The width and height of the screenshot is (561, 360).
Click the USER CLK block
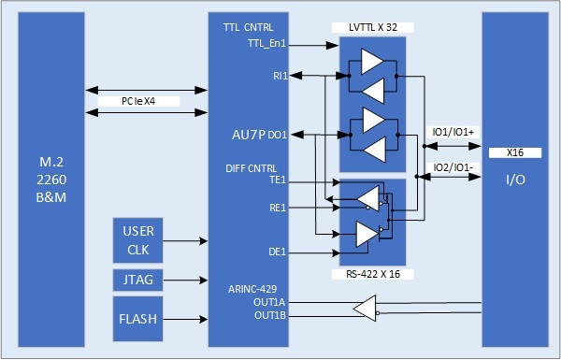click(x=139, y=240)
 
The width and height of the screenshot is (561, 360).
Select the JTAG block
click(x=139, y=279)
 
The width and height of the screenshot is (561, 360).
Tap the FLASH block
click(x=139, y=318)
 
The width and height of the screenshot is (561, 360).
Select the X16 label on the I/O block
click(x=514, y=151)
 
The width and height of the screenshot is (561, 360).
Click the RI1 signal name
click(x=280, y=74)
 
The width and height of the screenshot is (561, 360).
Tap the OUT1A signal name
click(x=269, y=302)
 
